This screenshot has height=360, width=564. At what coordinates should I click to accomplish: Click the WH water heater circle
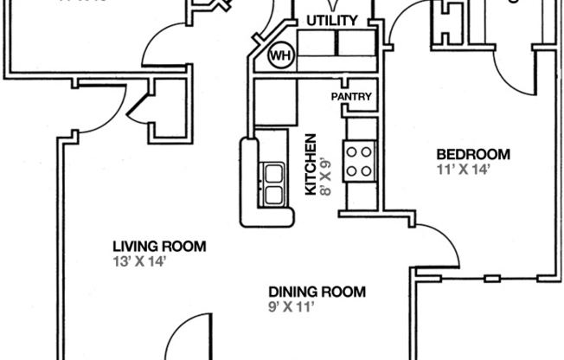[279, 56]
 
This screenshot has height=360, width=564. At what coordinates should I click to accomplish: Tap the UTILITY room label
[332, 20]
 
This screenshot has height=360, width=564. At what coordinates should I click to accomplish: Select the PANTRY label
[351, 97]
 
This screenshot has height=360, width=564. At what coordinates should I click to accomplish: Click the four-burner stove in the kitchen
[358, 161]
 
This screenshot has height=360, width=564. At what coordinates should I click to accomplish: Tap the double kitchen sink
[274, 183]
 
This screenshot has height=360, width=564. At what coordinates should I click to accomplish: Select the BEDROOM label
[472, 155]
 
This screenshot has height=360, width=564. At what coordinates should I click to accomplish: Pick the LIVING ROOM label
[159, 247]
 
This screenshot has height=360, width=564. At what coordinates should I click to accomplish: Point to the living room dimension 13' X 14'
[138, 261]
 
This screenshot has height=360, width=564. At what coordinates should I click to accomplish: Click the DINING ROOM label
[317, 292]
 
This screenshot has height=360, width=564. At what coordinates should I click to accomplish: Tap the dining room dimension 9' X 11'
[291, 306]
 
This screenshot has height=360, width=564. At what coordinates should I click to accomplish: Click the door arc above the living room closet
[164, 48]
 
